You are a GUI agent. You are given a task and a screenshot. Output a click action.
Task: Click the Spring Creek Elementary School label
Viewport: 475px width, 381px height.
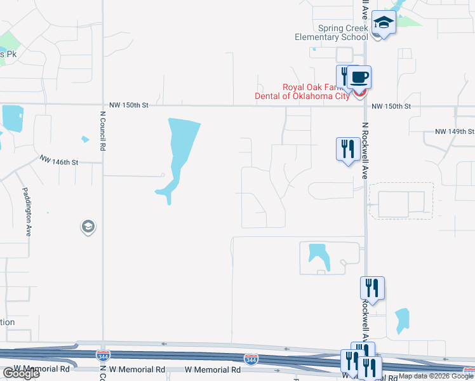click(x=331, y=32)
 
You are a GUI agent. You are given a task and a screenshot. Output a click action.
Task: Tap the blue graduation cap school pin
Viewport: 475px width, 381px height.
click(x=384, y=23)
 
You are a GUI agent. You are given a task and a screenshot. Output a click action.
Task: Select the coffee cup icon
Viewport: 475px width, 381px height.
click(x=359, y=77)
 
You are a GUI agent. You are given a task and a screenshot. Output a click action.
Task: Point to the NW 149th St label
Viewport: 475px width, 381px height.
click(x=454, y=131)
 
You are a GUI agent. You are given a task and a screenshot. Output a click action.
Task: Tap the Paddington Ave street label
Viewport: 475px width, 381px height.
click(x=27, y=212)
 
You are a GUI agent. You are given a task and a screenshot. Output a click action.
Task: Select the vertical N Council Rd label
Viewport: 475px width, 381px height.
click(x=102, y=131)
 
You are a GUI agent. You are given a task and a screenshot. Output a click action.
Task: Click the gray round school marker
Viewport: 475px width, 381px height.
click(x=88, y=226)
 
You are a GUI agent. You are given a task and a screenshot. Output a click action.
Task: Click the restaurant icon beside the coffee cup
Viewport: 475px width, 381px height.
click(x=344, y=76)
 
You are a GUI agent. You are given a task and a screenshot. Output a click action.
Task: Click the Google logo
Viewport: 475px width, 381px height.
click(x=20, y=373)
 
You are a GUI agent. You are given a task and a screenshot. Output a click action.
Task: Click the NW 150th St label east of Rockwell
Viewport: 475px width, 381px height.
click(x=391, y=106)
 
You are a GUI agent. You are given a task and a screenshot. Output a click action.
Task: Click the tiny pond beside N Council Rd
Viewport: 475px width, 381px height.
click(x=84, y=140)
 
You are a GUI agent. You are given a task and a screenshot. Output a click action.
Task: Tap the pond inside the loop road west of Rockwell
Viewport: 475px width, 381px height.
click(x=318, y=254)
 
